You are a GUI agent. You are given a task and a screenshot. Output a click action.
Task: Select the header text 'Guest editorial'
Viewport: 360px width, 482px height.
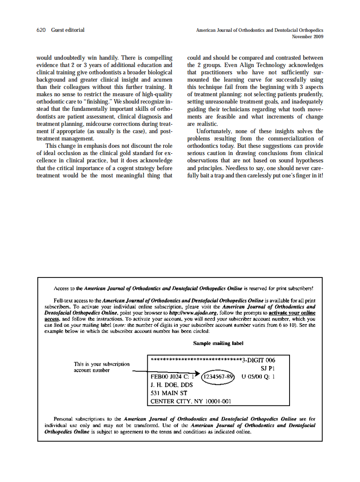click(x=67, y=30)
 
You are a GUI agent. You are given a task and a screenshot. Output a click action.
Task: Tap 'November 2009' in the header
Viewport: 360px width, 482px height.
click(x=308, y=37)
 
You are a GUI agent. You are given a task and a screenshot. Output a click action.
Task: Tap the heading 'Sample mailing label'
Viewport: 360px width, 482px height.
click(x=218, y=343)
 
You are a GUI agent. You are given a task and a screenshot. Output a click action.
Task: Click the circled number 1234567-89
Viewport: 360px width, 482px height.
click(x=218, y=377)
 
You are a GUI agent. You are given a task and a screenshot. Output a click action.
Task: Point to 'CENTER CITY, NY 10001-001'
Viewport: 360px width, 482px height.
click(x=191, y=402)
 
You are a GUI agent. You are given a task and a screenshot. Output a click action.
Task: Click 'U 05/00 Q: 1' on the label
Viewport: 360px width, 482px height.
click(x=258, y=377)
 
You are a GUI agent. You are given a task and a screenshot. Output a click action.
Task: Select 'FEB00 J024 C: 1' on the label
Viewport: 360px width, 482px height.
click(x=173, y=377)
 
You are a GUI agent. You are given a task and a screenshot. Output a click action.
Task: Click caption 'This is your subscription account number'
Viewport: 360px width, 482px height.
click(x=101, y=367)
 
